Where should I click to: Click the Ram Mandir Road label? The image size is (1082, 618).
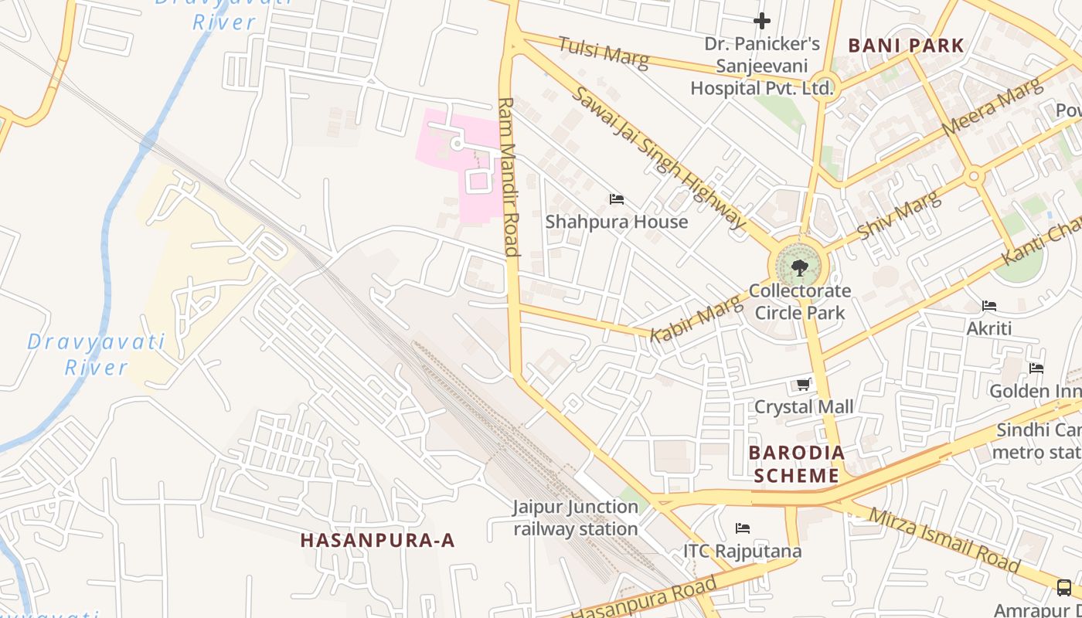click(x=508, y=177)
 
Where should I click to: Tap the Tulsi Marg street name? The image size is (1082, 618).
click(x=604, y=53)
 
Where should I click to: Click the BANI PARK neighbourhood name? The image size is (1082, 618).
click(x=906, y=46)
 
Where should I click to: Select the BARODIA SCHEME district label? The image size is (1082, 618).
click(x=796, y=463)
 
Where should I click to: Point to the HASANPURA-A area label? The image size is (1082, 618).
click(x=377, y=541)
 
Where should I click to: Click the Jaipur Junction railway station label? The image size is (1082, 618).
click(x=576, y=518)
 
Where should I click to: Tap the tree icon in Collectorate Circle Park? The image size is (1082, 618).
click(x=799, y=268)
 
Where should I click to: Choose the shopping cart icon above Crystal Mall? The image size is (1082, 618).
click(x=804, y=384)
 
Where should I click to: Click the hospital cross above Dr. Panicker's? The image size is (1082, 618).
click(x=762, y=21)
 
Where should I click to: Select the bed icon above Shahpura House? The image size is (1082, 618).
click(x=616, y=199)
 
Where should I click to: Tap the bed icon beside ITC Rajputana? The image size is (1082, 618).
click(x=743, y=528)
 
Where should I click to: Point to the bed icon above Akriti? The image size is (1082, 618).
click(x=989, y=306)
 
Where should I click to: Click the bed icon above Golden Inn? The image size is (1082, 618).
click(x=1036, y=368)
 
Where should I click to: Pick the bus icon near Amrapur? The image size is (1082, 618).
click(x=1064, y=588)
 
